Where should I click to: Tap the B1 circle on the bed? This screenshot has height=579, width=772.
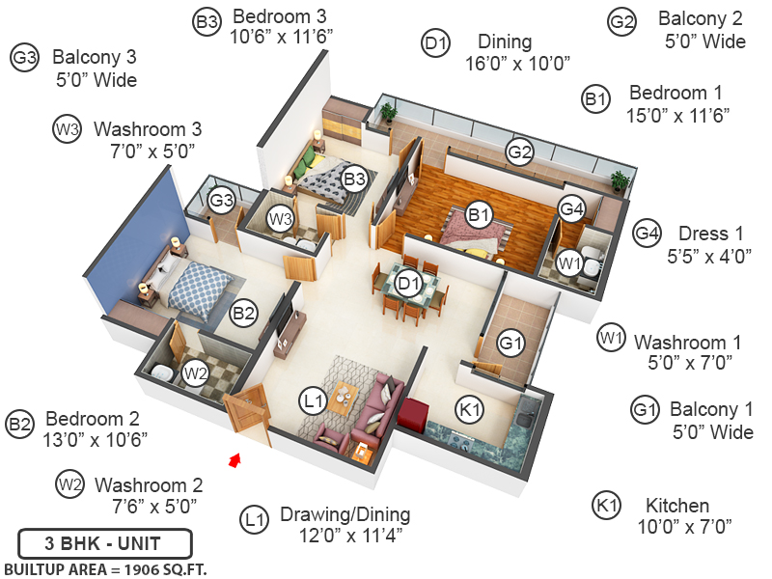[479, 214]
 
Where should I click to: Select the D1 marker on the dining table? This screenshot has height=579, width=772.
[408, 284]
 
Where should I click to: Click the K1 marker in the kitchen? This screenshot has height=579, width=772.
[469, 410]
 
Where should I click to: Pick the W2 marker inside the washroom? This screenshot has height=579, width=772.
[195, 372]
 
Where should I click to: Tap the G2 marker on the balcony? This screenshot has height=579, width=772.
[520, 152]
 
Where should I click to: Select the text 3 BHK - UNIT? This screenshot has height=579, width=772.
[104, 541]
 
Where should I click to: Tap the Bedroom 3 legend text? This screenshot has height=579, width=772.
[280, 16]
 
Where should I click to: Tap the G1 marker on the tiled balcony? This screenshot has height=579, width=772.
[510, 343]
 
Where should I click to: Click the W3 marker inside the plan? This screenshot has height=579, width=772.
[280, 218]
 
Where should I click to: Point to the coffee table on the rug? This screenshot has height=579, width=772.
[343, 397]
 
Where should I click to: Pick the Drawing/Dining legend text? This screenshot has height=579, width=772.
[345, 514]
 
